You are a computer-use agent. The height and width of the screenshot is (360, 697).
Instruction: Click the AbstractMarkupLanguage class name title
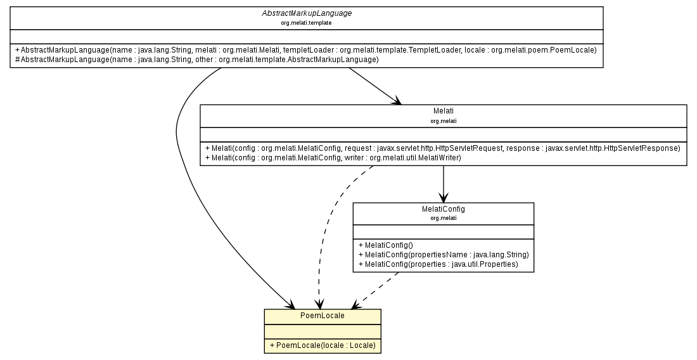(306, 13)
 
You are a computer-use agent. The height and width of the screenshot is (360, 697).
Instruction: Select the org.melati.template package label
(306, 23)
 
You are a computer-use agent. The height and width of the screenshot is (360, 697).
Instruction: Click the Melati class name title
(443, 111)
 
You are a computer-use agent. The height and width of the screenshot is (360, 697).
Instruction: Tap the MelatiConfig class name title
(443, 209)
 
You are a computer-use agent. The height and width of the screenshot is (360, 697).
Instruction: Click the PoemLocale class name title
(322, 315)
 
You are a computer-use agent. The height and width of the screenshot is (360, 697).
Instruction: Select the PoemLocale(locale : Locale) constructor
(322, 345)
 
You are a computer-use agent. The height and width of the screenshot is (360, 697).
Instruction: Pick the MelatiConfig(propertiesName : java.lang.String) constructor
(443, 254)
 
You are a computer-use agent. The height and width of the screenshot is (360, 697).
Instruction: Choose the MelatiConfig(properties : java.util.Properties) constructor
(438, 264)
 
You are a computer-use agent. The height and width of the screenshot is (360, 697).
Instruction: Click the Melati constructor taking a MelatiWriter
(333, 157)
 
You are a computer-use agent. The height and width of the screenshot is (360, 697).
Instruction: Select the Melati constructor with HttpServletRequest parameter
(442, 148)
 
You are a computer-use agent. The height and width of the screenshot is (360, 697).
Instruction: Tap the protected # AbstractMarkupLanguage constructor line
(196, 59)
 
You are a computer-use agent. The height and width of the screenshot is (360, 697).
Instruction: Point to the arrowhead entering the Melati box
(397, 101)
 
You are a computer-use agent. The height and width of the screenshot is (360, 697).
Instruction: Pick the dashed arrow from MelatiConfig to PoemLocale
(374, 288)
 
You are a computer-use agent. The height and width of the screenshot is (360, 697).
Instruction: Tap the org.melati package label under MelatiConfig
(443, 217)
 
